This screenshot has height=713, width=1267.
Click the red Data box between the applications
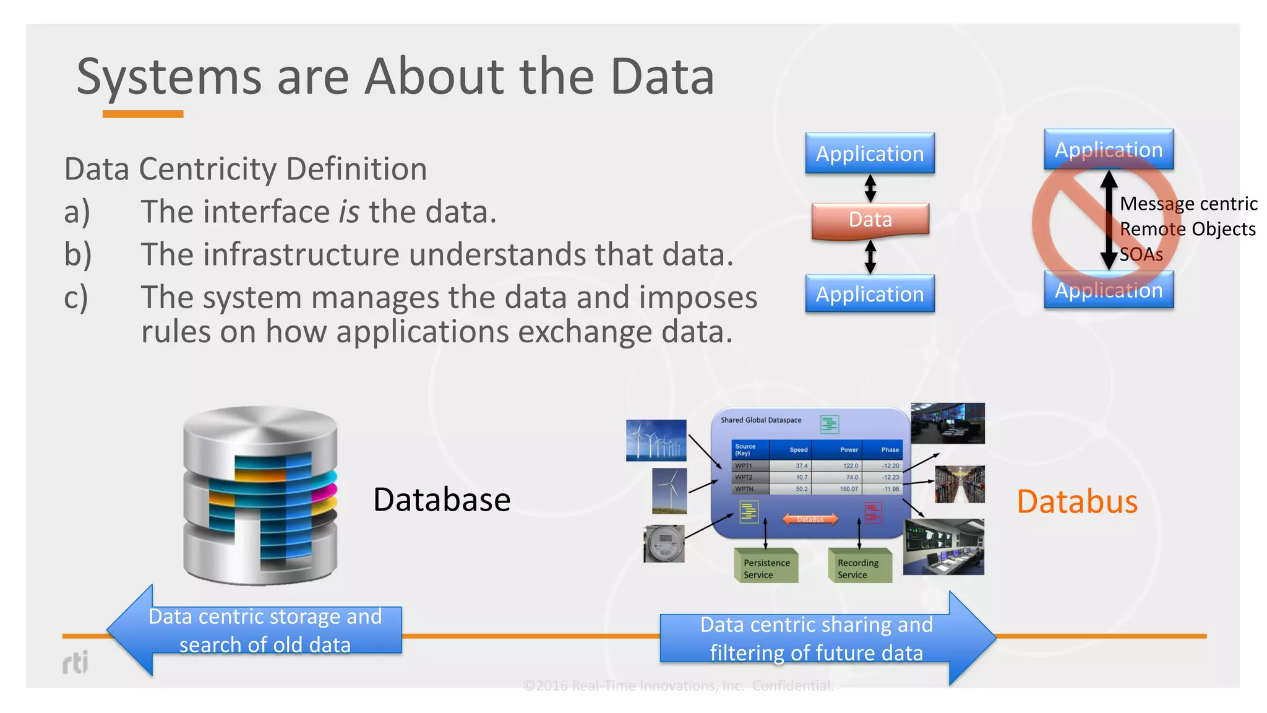[x=870, y=220]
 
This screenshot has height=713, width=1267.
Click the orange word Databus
[x=1077, y=501]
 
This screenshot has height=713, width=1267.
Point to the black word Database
[x=442, y=499]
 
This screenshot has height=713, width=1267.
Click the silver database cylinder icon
[x=260, y=495]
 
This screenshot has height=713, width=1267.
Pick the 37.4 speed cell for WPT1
[x=801, y=465]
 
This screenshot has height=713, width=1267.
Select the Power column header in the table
[x=849, y=450]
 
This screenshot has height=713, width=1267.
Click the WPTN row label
[x=744, y=489]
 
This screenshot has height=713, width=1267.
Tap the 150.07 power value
[x=849, y=489]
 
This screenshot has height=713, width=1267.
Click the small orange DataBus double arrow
[x=810, y=519]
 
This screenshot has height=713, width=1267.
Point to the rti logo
[x=75, y=662]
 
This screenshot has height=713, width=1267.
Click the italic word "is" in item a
[x=349, y=212]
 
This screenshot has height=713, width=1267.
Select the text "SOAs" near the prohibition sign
[x=1141, y=254]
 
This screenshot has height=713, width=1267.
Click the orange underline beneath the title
[x=143, y=114]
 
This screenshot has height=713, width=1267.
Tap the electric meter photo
[x=664, y=543]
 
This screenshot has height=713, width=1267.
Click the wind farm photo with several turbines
[x=656, y=440]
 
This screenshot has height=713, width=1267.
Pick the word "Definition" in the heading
[x=356, y=169]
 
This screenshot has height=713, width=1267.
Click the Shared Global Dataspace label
[x=761, y=420]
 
